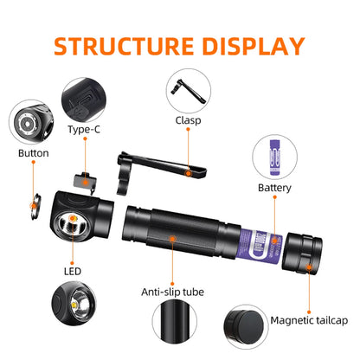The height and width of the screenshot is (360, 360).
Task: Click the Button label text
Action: (33, 153)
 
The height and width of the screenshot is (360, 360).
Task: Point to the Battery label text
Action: (275, 187)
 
